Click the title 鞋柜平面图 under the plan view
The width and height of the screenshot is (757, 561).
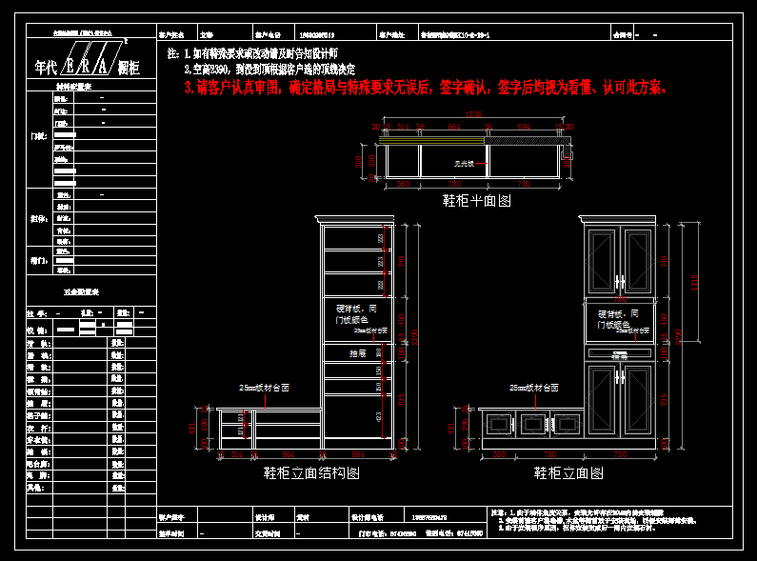(477, 202)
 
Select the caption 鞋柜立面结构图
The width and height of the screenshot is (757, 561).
(311, 472)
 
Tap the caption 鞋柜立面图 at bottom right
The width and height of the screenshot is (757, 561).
(568, 472)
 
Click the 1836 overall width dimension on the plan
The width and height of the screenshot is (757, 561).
(473, 116)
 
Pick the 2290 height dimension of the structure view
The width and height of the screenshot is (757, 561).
(414, 333)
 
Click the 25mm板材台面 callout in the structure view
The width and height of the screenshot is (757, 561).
(264, 389)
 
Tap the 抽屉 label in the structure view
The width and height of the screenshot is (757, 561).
(357, 352)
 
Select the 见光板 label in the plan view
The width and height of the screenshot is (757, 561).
(464, 165)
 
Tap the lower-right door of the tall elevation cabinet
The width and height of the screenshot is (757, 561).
(636, 401)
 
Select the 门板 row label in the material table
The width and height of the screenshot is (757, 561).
(39, 137)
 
